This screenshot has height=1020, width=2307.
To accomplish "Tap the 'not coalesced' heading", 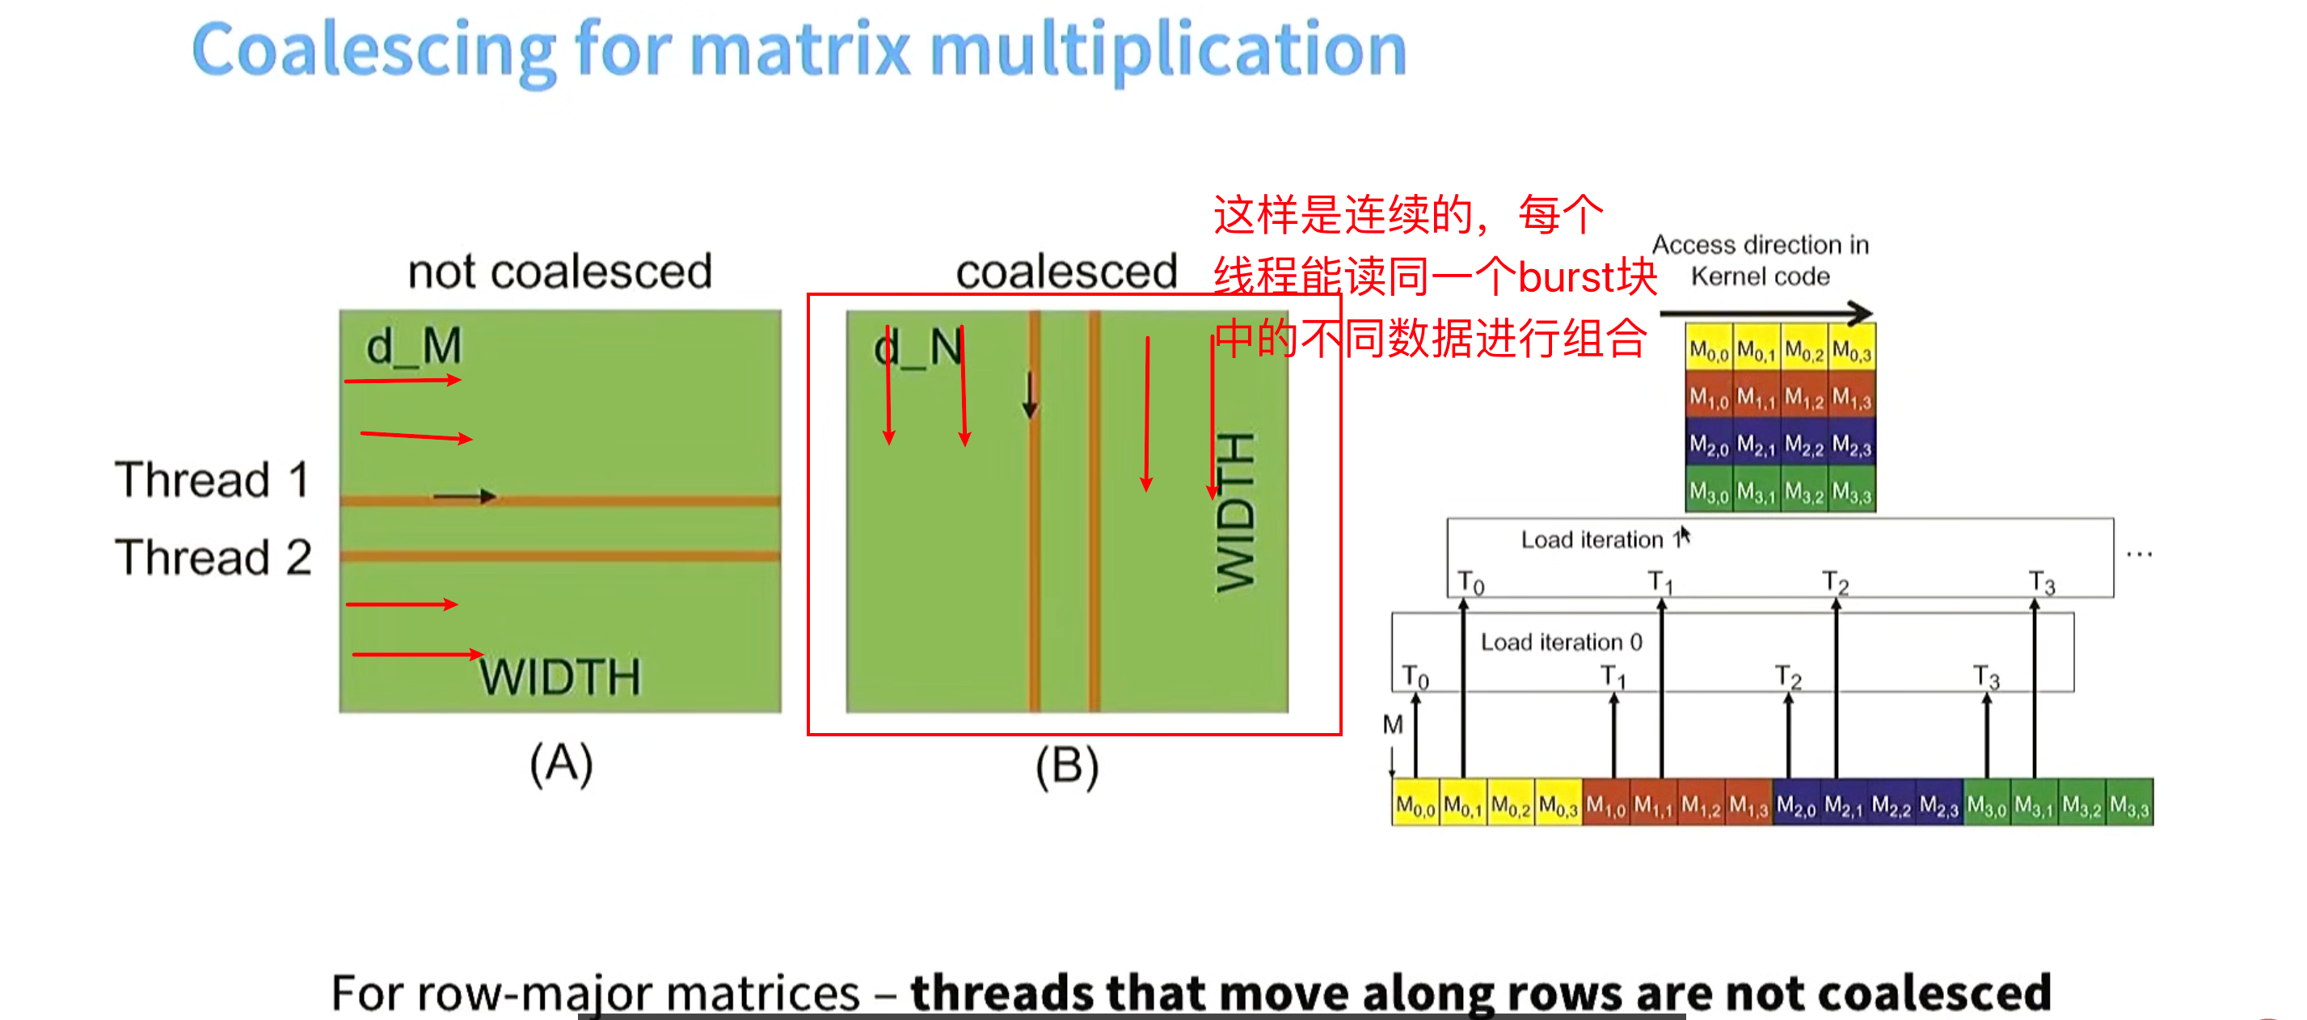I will click(559, 272).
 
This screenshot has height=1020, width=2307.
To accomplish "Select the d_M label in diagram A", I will click(414, 346).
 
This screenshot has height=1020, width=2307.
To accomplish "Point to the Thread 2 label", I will click(213, 557).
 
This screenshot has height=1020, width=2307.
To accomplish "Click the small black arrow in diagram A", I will click(464, 496).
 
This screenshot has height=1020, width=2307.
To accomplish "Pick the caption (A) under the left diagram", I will click(561, 764).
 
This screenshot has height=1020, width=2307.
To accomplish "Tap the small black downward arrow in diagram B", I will click(1030, 394).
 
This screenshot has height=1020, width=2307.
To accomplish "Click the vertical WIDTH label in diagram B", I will click(1236, 512).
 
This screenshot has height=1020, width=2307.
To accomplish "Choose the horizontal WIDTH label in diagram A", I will click(559, 677).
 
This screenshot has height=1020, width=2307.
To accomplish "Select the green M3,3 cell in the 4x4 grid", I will click(1851, 491).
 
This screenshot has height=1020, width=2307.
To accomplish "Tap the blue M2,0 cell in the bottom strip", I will click(1795, 806).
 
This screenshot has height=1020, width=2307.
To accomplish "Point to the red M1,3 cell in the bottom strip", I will click(1748, 806).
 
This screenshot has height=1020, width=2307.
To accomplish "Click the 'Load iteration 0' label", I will click(1561, 642).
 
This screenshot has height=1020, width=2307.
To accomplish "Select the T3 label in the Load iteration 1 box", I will click(2042, 583).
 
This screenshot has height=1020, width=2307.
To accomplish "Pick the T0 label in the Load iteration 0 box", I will click(1415, 676).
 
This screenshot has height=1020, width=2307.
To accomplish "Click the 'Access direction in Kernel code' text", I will click(1760, 259).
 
